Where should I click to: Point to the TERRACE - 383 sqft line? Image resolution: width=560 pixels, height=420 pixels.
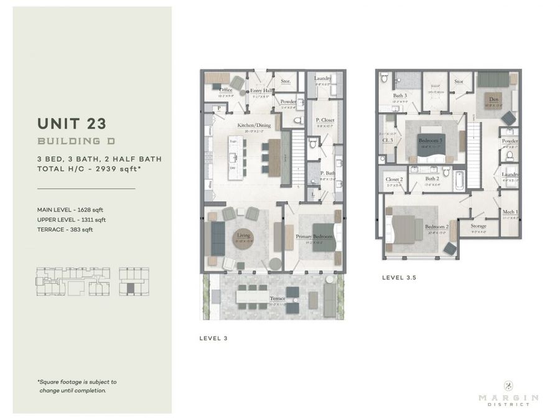[64, 230]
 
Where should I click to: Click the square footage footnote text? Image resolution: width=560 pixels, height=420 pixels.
[77, 386]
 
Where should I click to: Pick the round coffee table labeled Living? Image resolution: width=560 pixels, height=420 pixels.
[243, 238]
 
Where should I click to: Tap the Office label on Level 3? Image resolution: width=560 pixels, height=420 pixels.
[226, 91]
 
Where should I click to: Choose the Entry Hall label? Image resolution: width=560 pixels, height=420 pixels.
[263, 91]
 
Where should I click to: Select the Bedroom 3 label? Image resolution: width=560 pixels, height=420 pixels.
[431, 141]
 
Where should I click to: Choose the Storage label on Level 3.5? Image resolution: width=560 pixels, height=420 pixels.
[478, 226]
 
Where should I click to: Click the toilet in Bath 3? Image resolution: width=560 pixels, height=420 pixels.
[385, 79]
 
